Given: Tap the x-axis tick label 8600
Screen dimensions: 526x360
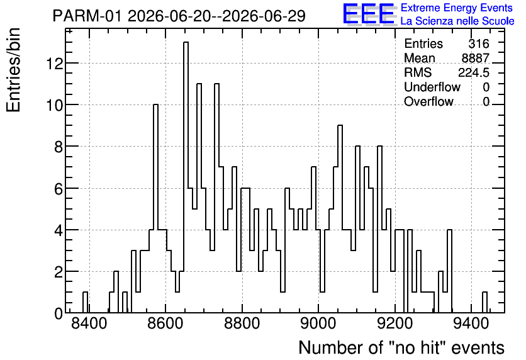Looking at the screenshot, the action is pyautogui.click(x=165, y=323).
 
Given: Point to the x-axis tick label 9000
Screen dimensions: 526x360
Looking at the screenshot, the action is pyautogui.click(x=318, y=323).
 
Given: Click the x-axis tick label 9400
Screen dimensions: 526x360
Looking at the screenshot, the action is pyautogui.click(x=471, y=323).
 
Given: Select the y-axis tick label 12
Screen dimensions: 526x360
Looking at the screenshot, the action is pyautogui.click(x=54, y=64).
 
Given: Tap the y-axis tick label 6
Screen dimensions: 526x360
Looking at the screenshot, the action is pyautogui.click(x=59, y=189).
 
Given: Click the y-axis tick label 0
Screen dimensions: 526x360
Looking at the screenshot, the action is pyautogui.click(x=59, y=313).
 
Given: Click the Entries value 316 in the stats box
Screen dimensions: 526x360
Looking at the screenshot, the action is pyautogui.click(x=479, y=43).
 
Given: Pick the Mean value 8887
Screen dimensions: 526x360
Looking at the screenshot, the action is pyautogui.click(x=475, y=58).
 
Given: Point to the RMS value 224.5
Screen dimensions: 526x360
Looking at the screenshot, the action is pyautogui.click(x=474, y=72).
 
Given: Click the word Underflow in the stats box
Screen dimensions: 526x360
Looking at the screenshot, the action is pyautogui.click(x=432, y=87).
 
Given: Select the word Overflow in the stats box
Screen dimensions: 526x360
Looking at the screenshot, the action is pyautogui.click(x=428, y=101).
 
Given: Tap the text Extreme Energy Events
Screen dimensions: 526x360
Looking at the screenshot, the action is pyautogui.click(x=457, y=8).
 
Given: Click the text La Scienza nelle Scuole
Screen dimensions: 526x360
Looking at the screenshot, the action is pyautogui.click(x=457, y=21).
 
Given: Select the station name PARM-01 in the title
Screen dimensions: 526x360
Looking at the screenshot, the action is pyautogui.click(x=87, y=16).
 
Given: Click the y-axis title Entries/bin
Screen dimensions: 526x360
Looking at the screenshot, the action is pyautogui.click(x=14, y=70).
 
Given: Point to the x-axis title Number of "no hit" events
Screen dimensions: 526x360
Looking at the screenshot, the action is pyautogui.click(x=401, y=347).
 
